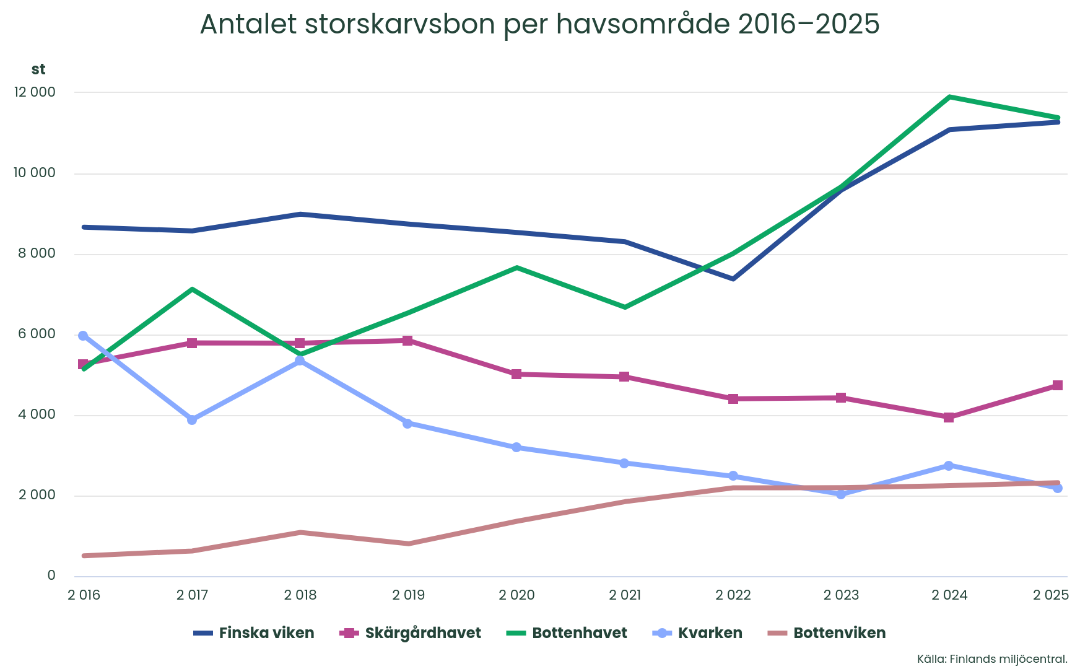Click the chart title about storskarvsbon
[539, 24]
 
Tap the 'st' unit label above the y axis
[38, 69]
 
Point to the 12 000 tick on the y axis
[34, 92]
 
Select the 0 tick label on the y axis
[51, 575]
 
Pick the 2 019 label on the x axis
[409, 595]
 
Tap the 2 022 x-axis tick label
[733, 595]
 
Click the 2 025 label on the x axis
[1051, 595]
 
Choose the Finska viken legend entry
[254, 633]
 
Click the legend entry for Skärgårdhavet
[411, 633]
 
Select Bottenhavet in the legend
[567, 633]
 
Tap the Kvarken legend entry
[697, 633]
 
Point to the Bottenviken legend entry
[827, 633]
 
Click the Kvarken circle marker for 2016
[83, 336]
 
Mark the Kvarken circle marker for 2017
[192, 420]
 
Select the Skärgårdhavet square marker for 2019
[407, 341]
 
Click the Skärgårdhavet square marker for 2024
[949, 418]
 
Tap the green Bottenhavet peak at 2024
[949, 97]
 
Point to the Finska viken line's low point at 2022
[733, 279]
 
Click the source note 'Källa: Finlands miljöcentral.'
[993, 659]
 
